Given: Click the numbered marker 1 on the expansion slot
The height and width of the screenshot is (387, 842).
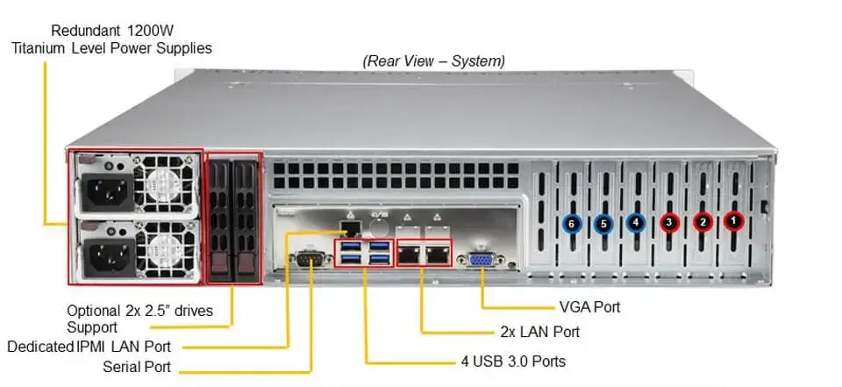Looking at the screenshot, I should (x=733, y=223).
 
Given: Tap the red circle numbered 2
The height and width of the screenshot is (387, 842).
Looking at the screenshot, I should (x=702, y=223).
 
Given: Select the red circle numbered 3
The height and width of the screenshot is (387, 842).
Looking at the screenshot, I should (x=669, y=224).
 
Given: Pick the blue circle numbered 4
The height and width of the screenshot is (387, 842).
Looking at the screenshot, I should (x=636, y=224).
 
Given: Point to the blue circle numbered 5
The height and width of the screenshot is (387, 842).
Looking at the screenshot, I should (x=603, y=224).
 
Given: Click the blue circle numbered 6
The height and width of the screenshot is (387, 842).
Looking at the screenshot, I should (x=571, y=224).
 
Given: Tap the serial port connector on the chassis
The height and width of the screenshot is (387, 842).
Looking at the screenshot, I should (x=310, y=260).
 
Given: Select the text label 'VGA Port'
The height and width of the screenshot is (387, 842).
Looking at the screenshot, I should (x=589, y=308).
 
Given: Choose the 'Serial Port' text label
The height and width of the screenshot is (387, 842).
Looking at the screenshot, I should (x=137, y=367).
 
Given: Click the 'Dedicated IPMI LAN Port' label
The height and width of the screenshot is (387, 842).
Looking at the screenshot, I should (x=89, y=347).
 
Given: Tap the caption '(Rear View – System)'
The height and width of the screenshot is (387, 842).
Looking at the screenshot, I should (x=435, y=61).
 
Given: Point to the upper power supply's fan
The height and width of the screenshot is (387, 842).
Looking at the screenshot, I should (x=161, y=186).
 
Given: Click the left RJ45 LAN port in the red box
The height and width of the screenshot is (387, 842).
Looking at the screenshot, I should (x=409, y=254).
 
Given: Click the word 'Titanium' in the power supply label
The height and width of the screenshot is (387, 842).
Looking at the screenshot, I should (x=41, y=47).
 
